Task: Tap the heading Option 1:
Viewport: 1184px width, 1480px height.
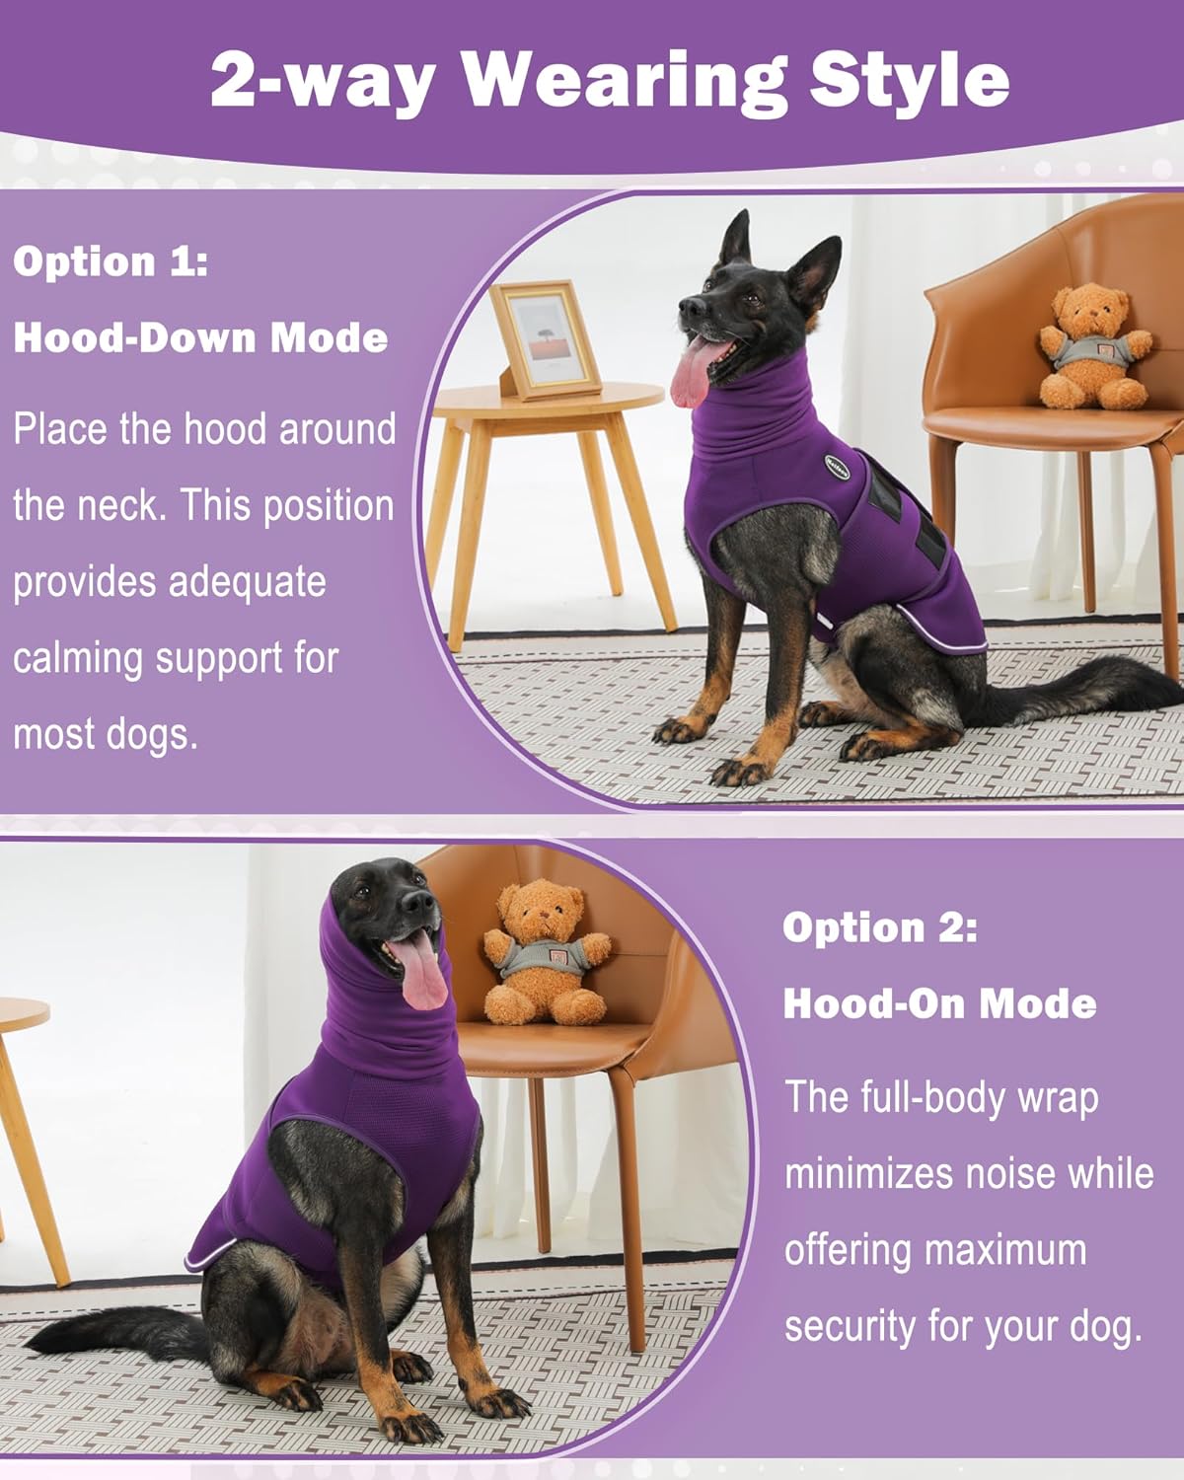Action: point(111,261)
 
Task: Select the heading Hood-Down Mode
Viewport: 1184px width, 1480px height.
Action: point(200,337)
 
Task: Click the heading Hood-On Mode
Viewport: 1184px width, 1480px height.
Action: point(939,1003)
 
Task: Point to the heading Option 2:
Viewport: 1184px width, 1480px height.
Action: point(880,927)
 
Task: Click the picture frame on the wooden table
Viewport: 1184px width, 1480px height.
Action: point(545,337)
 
